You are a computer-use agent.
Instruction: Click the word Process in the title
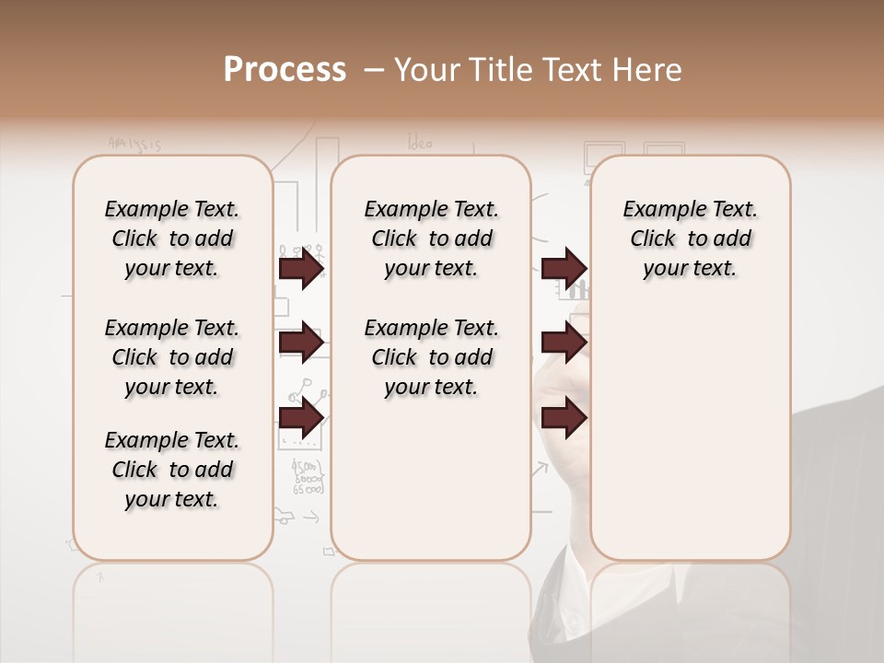coord(285,70)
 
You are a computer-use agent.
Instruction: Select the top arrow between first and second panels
coord(301,268)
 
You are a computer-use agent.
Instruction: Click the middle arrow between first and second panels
coord(301,343)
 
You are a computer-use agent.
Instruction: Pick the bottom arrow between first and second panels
coord(301,419)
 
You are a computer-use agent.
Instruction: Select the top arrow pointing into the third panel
coord(564,268)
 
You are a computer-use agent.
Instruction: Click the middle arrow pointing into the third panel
coord(564,343)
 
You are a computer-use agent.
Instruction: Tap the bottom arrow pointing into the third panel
coord(564,417)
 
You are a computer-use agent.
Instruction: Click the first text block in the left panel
coord(172,238)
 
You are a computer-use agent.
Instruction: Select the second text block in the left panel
coord(172,357)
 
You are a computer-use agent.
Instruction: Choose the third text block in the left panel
coord(172,470)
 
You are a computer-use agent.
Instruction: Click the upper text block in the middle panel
coord(431,238)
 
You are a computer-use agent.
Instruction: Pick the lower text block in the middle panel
coord(431,357)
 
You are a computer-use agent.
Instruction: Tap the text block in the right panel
coord(690,238)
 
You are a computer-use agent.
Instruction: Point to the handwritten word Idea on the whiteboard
coord(420,143)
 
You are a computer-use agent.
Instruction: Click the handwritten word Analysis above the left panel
coord(134,144)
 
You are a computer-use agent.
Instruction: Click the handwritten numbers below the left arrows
coord(308,477)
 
